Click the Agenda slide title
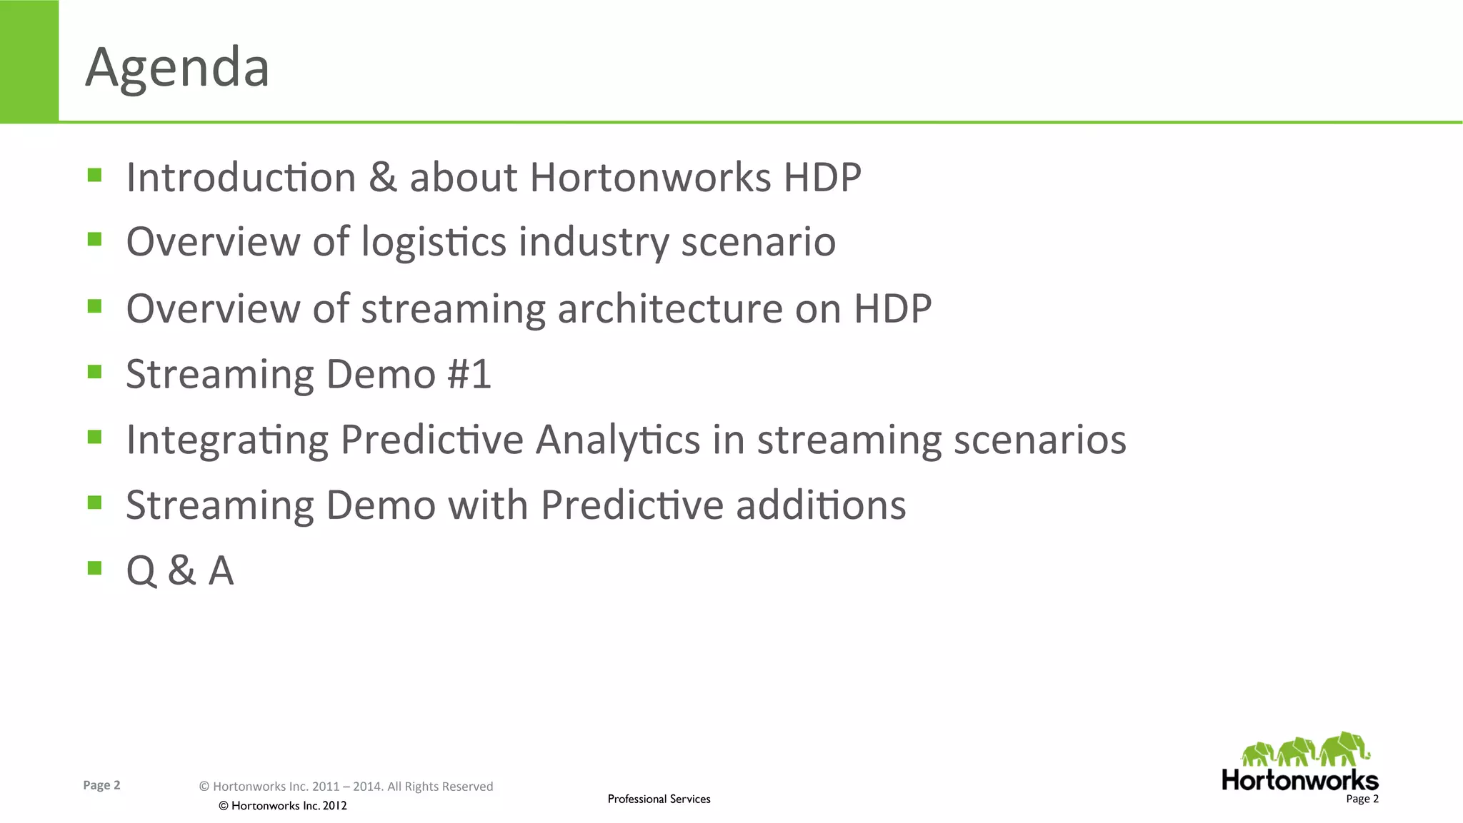pos(177,68)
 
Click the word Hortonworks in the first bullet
pos(650,177)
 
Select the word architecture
pos(670,308)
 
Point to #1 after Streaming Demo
pos(469,374)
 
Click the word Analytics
pos(618,440)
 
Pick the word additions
pos(821,505)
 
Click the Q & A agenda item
pos(180,571)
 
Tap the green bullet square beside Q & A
pos(94,567)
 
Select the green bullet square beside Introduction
pos(94,175)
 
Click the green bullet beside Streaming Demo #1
pos(94,371)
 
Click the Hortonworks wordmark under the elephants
pos(1299,779)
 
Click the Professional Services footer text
pos(659,799)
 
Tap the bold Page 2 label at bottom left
pos(101,785)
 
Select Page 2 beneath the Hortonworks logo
pos(1362,799)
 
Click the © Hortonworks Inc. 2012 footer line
pos(282,806)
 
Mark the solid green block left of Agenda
pos(29,61)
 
